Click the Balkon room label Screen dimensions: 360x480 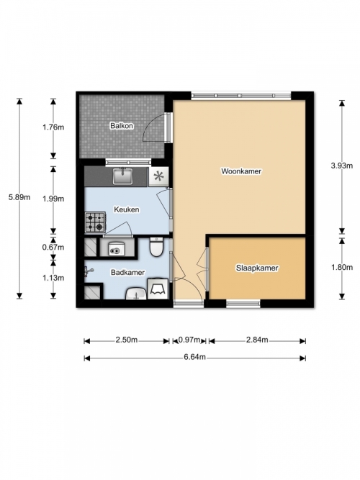[122, 125]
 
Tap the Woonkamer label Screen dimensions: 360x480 [241, 171]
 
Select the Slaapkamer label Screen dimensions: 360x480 [257, 268]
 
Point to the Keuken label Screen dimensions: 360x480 [127, 209]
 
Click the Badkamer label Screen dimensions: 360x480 [127, 272]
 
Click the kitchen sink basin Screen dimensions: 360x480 [122, 176]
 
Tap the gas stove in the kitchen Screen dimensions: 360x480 [95, 222]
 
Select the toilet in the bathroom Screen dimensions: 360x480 [156, 247]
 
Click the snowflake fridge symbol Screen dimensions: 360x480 [158, 176]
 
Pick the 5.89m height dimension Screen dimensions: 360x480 [19, 197]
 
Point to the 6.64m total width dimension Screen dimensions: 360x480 [195, 357]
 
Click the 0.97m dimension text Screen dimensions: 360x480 [189, 340]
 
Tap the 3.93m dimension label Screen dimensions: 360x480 [341, 166]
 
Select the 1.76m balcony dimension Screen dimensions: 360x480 [53, 127]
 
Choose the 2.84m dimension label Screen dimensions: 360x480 [257, 340]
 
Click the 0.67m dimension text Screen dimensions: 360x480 [53, 247]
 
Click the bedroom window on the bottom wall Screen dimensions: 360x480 [243, 304]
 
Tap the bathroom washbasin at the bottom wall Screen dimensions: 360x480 [136, 294]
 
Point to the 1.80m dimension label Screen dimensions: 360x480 [341, 267]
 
